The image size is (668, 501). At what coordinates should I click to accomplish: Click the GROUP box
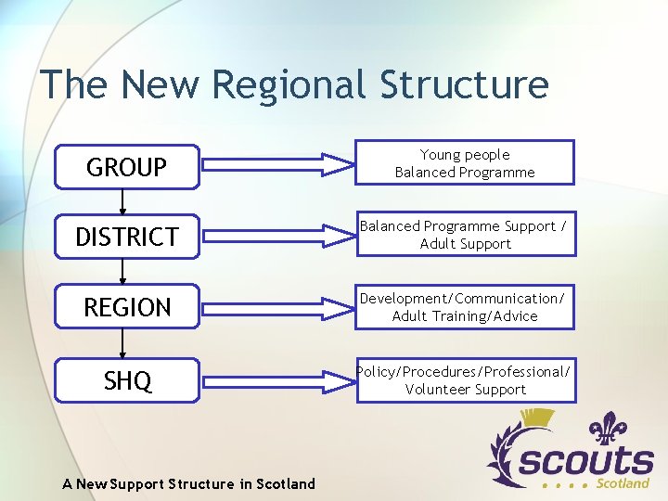tap(126, 167)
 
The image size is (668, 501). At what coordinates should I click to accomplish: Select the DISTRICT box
tap(126, 237)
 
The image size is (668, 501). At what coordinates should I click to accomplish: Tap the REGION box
tap(126, 307)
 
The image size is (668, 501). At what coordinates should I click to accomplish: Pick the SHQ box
tap(126, 380)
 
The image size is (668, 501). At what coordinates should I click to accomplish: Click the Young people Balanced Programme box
tap(465, 163)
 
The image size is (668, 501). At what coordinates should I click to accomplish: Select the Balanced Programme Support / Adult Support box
tap(465, 235)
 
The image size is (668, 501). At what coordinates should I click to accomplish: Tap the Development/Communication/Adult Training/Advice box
tap(465, 307)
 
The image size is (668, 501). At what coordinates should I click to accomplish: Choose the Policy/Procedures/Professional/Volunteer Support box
tap(465, 380)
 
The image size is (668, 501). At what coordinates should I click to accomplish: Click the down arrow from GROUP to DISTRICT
tap(122, 202)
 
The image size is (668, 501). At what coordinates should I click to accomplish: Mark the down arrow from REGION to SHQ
tap(122, 344)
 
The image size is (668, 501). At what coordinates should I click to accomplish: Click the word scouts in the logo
tap(584, 460)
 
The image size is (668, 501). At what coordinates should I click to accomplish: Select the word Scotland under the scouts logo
tap(623, 483)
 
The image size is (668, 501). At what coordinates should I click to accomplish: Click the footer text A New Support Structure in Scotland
tap(188, 483)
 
